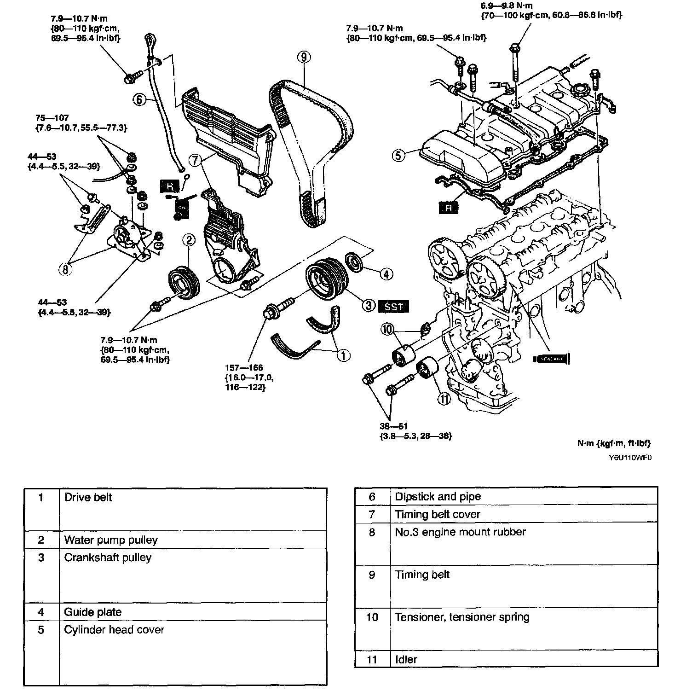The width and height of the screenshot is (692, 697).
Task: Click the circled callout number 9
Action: point(304,57)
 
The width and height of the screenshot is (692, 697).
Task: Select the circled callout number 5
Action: point(399,155)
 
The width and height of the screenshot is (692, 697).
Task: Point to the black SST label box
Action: point(393,306)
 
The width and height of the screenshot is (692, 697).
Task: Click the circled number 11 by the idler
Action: point(444,399)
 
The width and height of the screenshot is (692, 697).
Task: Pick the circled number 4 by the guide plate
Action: point(386,274)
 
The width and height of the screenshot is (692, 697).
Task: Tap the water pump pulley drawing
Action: point(183,282)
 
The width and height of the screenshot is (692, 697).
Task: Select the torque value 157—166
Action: point(244,367)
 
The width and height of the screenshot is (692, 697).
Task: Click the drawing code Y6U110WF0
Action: point(630,458)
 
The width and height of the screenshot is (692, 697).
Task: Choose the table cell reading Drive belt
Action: point(88,497)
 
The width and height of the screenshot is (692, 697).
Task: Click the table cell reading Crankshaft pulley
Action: point(108,558)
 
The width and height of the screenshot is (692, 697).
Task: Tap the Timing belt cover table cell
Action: point(438,514)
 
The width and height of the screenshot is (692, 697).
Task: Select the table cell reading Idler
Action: point(406,659)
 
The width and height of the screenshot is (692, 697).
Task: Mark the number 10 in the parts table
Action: point(372,617)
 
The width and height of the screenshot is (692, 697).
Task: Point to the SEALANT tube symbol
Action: point(551,359)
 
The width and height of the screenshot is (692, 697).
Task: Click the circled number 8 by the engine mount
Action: point(65,269)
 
